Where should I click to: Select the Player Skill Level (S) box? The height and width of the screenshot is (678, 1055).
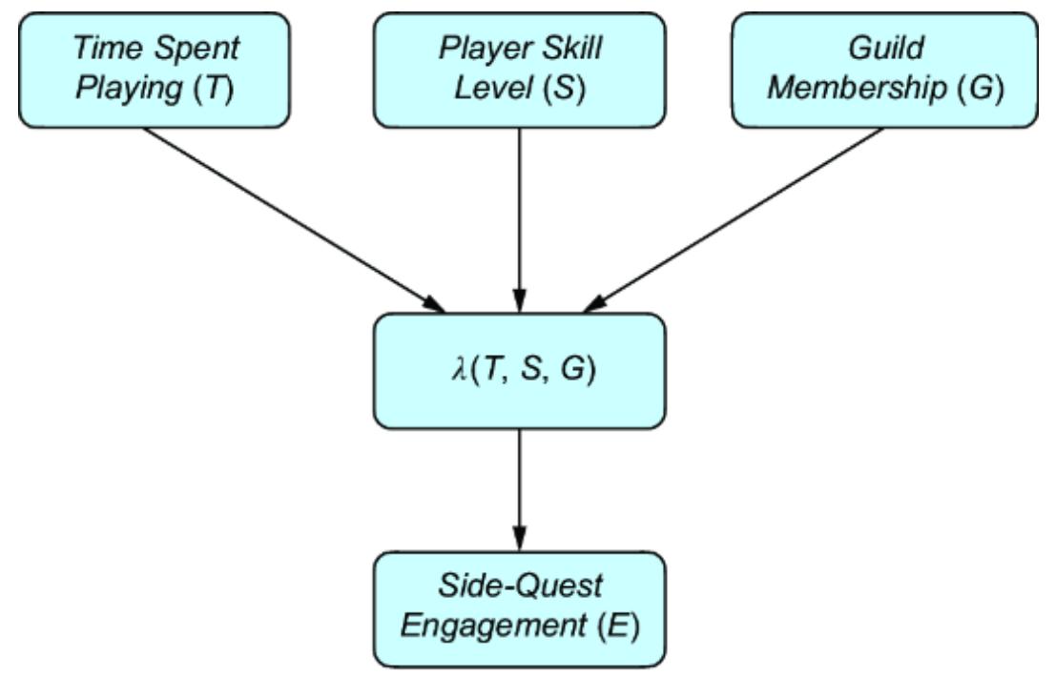519,69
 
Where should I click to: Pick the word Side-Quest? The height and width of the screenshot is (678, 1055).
519,586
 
